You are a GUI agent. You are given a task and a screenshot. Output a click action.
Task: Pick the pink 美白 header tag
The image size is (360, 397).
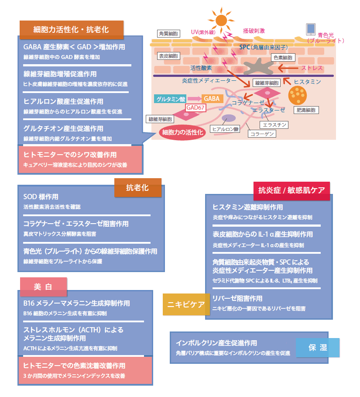[43, 287]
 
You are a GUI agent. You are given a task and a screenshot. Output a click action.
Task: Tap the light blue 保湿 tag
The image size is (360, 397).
[317, 348]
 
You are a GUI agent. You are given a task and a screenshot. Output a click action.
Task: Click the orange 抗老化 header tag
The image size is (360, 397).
[137, 188]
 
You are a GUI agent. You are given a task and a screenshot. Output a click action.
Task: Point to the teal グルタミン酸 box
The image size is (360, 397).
[170, 99]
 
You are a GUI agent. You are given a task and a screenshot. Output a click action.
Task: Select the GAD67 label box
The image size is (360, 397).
[195, 107]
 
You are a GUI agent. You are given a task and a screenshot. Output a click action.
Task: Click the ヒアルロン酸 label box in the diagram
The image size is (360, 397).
[225, 129]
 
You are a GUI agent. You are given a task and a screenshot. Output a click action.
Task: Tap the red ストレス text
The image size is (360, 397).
[312, 68]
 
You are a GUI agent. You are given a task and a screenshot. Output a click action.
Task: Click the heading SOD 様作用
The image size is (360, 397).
[41, 197]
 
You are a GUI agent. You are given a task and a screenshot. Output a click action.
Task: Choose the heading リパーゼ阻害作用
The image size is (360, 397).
[237, 298]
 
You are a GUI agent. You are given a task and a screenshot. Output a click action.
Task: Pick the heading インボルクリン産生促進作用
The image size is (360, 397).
[216, 343]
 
